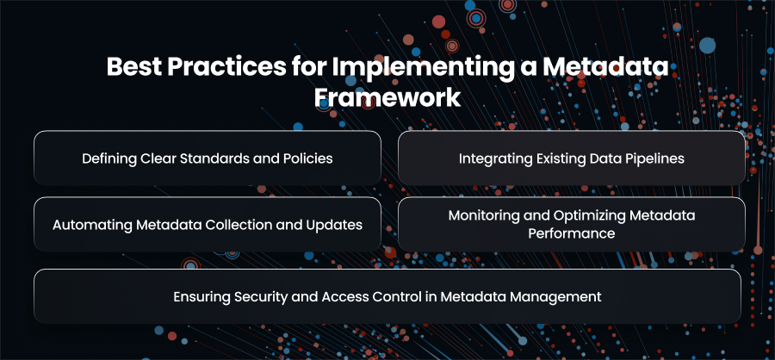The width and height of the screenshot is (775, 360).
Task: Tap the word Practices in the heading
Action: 226,67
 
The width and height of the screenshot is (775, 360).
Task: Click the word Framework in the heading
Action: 387,98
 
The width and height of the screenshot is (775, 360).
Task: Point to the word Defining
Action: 109,158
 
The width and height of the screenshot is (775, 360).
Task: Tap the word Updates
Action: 340,226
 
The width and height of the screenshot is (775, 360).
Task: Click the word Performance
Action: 572,233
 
